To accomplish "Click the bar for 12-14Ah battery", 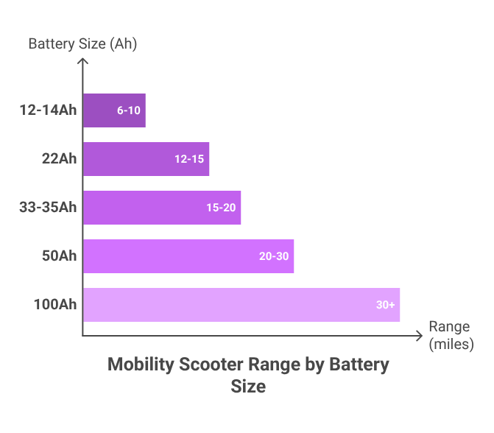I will pos(114,110).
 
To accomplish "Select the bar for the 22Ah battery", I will pos(146,159).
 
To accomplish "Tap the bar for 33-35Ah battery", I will pos(162,208).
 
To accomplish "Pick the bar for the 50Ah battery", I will pos(188,256).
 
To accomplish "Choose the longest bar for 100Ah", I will pos(241,305).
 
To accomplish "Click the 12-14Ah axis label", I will pos(48,110).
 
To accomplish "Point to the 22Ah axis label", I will pos(58,159).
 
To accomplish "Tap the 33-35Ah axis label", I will pos(48,208).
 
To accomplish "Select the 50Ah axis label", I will pos(58,256).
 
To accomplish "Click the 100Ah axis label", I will pos(55,305).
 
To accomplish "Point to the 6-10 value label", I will pos(128,110).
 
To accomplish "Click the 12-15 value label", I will pos(189,159).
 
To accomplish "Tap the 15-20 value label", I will pos(221,208).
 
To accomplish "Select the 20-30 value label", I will pos(274,256).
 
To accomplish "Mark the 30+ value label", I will pos(386,305).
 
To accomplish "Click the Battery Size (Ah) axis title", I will pos(82,43).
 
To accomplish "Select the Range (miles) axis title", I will pos(450,335).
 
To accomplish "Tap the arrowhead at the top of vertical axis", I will pos(82,63).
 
